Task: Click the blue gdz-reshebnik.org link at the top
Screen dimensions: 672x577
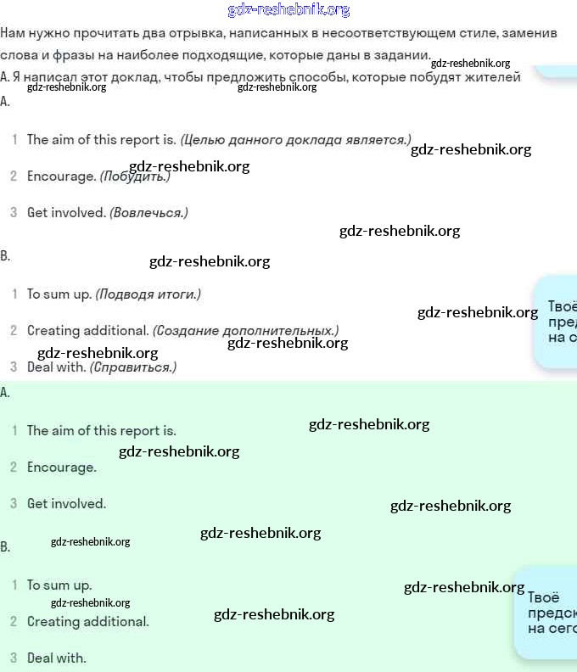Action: [x=288, y=10]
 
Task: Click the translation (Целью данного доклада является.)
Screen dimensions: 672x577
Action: [x=295, y=140]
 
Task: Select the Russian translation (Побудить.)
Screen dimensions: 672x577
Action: [x=135, y=176]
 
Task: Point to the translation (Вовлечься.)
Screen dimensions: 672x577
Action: [x=148, y=213]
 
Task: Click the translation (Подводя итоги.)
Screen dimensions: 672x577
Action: [x=148, y=294]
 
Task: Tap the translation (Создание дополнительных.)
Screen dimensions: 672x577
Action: [x=245, y=330]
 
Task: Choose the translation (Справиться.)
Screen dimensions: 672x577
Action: [x=133, y=367]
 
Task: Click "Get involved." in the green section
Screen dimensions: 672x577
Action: [x=66, y=504]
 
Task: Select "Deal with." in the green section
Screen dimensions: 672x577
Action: [x=56, y=658]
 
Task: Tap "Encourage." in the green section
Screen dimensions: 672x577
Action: [x=61, y=468]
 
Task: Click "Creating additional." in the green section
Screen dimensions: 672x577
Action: [x=87, y=622]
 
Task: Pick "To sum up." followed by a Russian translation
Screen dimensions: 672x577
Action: [x=59, y=294]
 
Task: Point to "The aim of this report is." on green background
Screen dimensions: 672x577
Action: [x=101, y=431]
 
